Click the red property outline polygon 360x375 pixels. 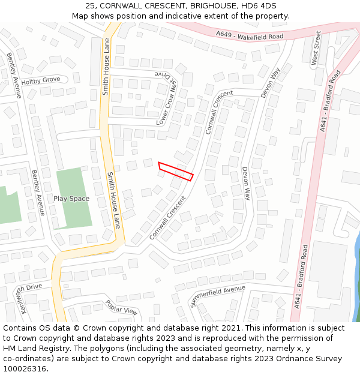(x=175, y=171)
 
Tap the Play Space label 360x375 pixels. (x=71, y=199)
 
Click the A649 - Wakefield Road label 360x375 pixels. (x=250, y=36)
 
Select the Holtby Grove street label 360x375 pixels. (x=41, y=80)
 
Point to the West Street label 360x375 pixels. (x=316, y=48)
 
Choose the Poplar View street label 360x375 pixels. (x=121, y=307)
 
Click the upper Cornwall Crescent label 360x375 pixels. (x=219, y=112)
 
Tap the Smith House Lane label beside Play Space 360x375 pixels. (x=113, y=200)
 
